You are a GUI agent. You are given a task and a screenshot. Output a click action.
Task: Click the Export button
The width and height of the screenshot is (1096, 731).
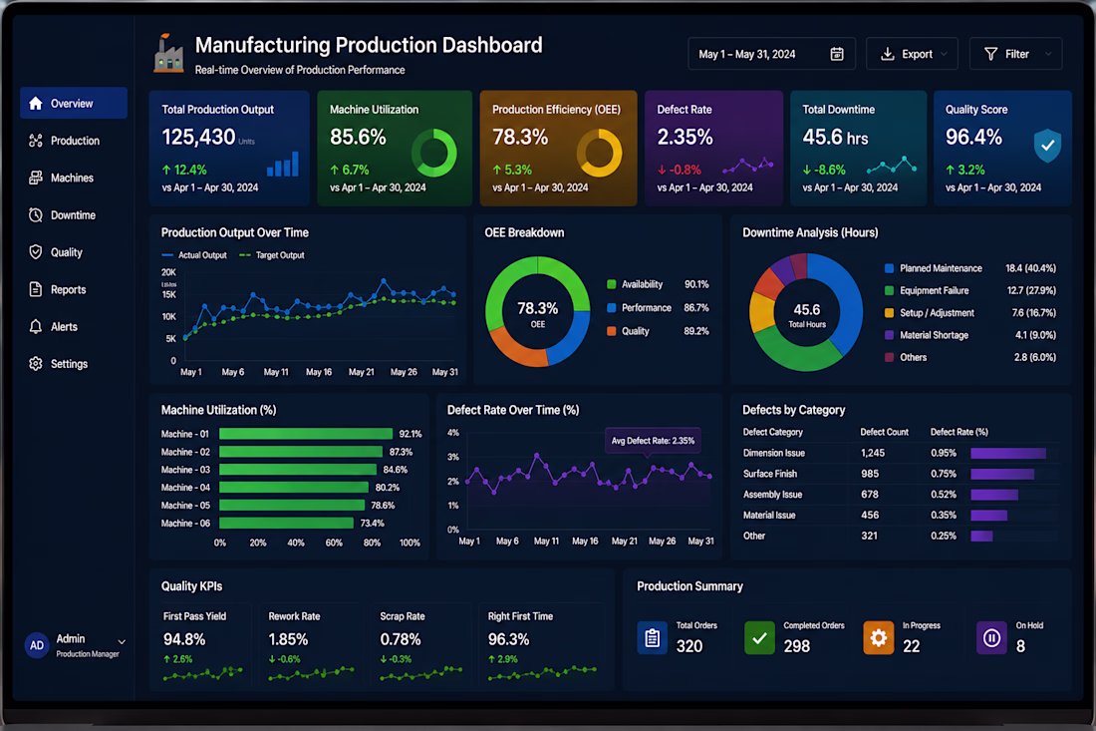point(912,54)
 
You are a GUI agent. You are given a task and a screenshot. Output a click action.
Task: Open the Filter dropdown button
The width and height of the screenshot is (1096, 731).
point(1015,54)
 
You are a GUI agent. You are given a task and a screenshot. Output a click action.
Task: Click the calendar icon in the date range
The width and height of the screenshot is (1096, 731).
point(837,54)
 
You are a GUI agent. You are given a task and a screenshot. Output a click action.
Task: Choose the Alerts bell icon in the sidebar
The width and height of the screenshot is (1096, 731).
point(36,327)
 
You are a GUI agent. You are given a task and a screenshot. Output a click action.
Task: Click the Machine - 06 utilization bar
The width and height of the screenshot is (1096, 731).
point(286,524)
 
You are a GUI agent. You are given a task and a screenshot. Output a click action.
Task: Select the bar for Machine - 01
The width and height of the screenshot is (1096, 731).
point(306,434)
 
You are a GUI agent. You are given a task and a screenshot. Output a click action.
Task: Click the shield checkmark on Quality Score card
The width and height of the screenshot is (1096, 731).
point(1047,146)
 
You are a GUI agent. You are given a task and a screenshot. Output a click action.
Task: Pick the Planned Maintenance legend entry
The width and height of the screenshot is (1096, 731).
point(934,268)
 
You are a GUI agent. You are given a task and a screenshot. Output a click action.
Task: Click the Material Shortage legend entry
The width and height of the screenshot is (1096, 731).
point(927,335)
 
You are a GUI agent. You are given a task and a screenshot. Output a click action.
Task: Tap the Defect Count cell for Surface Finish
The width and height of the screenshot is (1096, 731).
point(870,474)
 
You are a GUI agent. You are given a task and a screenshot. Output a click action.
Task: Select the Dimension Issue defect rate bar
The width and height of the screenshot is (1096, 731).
point(1008,454)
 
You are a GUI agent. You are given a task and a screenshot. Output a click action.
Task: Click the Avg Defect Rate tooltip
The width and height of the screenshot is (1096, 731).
point(653,441)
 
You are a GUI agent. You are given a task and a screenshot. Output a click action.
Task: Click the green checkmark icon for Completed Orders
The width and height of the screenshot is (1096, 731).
point(760,637)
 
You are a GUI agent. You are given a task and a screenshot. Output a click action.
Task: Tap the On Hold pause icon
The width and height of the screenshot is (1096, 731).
point(991,637)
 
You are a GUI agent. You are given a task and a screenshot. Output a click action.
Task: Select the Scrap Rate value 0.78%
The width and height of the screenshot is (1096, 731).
point(401,639)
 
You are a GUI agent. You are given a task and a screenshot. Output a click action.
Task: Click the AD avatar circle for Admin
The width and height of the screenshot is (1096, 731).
point(36,645)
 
